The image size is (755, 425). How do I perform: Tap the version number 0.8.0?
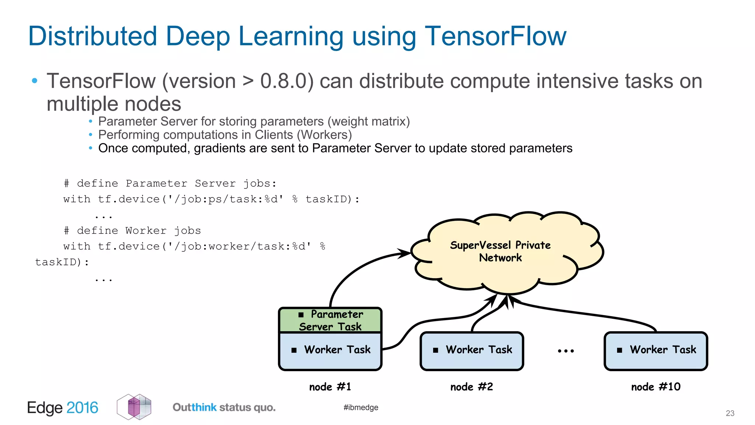[283, 81]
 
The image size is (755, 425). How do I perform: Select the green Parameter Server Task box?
[330, 320]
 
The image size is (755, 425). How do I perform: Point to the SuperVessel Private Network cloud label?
[500, 251]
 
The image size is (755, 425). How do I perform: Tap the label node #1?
[330, 387]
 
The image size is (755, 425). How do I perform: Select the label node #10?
[655, 387]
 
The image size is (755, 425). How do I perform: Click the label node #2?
[472, 387]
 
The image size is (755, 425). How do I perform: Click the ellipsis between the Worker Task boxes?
[566, 351]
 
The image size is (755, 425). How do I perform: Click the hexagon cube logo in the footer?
[134, 407]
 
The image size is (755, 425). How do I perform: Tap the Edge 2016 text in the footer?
[63, 408]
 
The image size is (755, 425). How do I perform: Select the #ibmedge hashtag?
[361, 407]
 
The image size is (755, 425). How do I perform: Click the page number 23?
[730, 413]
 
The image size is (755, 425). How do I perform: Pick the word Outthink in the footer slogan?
[194, 407]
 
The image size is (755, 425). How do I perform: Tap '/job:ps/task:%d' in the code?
[226, 199]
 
